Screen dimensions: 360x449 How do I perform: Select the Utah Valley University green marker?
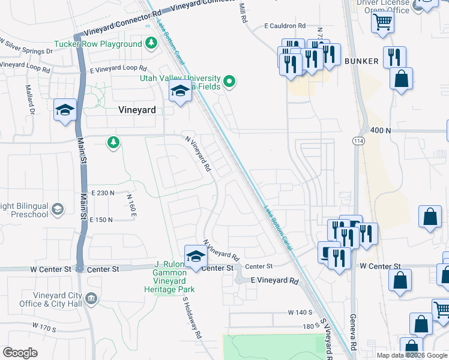coord(229,82)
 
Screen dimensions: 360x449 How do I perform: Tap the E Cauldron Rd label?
coord(285,26)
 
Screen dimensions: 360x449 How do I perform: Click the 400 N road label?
coord(381,130)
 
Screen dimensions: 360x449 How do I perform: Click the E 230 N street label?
coord(103,193)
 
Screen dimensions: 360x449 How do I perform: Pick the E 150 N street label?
coord(101,220)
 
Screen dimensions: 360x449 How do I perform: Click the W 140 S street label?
coord(300,313)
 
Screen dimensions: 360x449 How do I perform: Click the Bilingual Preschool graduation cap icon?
coord(57,209)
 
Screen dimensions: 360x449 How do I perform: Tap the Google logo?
coord(20,353)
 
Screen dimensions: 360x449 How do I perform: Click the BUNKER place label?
coord(361,61)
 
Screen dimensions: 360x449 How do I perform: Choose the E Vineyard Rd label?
coord(274,281)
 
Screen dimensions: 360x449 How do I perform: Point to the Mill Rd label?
coord(243,13)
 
